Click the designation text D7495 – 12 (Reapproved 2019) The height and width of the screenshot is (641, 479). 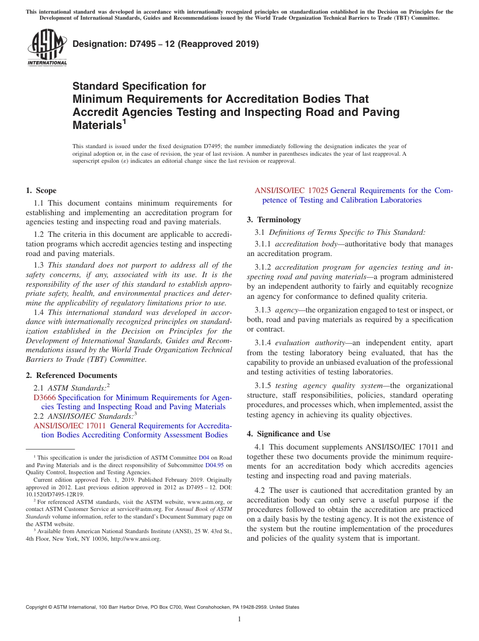point(165,44)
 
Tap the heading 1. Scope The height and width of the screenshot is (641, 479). point(41,190)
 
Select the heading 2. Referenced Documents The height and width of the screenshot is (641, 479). point(71,375)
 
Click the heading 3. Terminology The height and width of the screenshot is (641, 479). point(274,220)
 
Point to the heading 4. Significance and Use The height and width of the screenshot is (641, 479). point(288,434)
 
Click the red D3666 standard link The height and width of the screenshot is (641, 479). point(44,398)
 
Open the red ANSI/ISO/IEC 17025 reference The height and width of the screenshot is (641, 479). point(291,190)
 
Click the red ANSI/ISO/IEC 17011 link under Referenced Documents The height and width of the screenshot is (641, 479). point(70,426)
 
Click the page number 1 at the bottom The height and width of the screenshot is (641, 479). point(239,619)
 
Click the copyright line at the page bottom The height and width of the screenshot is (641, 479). point(162,607)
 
